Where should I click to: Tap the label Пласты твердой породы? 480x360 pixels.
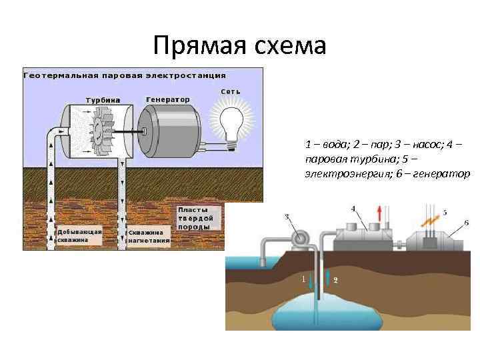point(196,218)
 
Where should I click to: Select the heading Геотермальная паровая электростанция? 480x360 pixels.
point(125,75)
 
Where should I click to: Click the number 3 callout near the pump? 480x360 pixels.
point(287,217)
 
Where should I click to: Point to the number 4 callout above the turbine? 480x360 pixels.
point(353,208)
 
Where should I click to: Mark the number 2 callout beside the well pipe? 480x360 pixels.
point(335,281)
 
